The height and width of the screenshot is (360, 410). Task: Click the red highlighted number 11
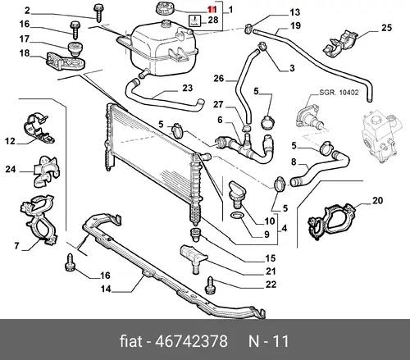click(x=212, y=10)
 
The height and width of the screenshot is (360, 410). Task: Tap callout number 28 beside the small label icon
click(x=213, y=20)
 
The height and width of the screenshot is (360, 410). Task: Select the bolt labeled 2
click(x=98, y=12)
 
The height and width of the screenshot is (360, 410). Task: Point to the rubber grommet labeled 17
click(x=75, y=49)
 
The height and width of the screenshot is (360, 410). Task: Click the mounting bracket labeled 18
click(x=65, y=62)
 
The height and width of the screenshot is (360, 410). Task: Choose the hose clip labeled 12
click(x=39, y=127)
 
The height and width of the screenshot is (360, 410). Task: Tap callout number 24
click(x=11, y=169)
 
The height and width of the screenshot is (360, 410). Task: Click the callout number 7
click(x=16, y=246)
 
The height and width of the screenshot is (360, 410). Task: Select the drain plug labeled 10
click(x=236, y=194)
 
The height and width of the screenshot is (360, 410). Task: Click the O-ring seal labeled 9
click(x=237, y=216)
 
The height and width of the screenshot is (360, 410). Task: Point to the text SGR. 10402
click(x=339, y=93)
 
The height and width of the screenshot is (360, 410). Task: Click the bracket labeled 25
click(x=341, y=43)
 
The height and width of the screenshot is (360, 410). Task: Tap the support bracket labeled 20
click(x=331, y=221)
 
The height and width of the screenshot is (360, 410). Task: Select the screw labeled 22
click(x=210, y=285)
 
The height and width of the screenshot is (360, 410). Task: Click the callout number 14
click(x=106, y=289)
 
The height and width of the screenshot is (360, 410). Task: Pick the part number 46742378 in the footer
click(x=191, y=341)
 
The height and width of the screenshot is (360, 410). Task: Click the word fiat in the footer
click(x=131, y=341)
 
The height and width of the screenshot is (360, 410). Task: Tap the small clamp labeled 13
click(x=248, y=29)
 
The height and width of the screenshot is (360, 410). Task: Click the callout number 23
click(x=188, y=88)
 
